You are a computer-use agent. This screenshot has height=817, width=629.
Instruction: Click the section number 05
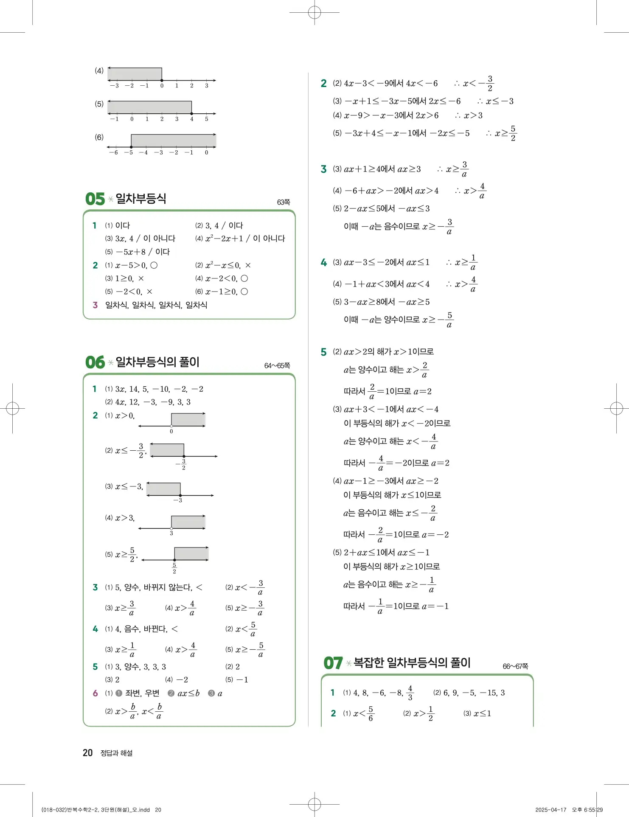[x=95, y=199]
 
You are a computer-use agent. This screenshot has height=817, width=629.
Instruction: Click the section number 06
[x=95, y=362]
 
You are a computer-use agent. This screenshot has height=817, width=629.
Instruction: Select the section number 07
[x=333, y=663]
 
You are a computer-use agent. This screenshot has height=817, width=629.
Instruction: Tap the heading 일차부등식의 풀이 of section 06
[x=157, y=362]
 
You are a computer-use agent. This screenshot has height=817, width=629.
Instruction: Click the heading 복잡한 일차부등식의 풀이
[x=412, y=663]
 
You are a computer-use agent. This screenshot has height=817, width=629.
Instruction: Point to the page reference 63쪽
[x=283, y=202]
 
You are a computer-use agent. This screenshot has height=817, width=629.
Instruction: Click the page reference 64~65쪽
[x=277, y=366]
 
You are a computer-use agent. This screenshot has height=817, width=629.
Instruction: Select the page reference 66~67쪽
[x=515, y=666]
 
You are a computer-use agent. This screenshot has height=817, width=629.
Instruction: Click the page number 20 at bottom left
[x=87, y=753]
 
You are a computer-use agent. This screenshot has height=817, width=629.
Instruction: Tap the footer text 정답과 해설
[x=116, y=753]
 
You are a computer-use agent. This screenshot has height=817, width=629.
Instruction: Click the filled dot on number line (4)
[x=162, y=80]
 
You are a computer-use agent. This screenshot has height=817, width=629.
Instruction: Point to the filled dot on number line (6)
[x=131, y=147]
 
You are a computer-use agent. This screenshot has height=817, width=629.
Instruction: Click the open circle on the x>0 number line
[x=171, y=426]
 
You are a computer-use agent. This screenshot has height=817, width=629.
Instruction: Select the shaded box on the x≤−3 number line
[x=164, y=489]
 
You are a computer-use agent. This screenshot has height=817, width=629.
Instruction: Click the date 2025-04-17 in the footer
[x=550, y=810]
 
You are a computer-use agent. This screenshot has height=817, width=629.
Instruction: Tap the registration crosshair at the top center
[x=314, y=12]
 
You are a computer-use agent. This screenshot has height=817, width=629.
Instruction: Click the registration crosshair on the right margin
[x=616, y=409]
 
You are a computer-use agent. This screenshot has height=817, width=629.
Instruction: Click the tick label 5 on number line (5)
[x=207, y=119]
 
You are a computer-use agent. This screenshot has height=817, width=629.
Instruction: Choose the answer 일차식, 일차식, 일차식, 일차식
[x=156, y=305]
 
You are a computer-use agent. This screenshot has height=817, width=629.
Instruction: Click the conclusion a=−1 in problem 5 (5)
[x=435, y=606]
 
